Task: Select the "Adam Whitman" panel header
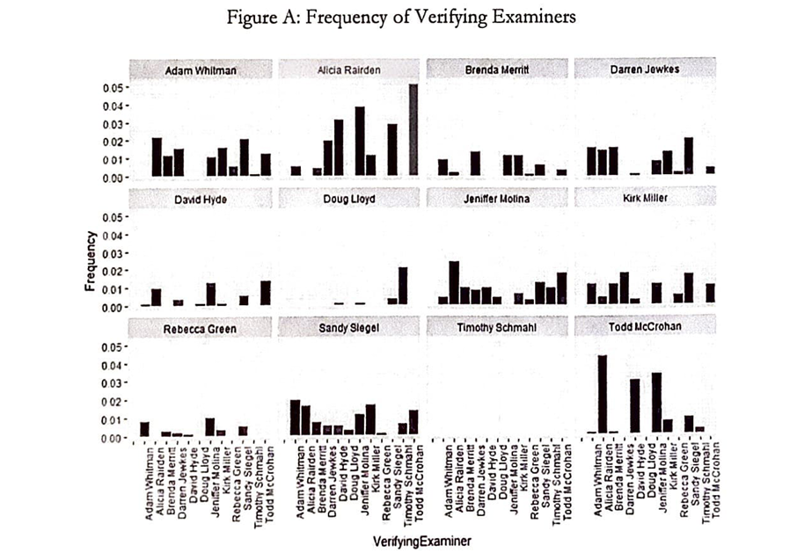201,69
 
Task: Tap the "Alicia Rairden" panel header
349,69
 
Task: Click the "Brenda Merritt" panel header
497,69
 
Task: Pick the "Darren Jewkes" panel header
644,69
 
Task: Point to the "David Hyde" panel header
201,200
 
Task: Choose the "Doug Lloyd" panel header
349,200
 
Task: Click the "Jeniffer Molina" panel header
497,200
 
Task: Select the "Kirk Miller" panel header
644,200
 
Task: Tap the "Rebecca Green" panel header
201,329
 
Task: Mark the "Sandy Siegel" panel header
349,329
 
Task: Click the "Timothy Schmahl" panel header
497,329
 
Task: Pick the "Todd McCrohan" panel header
644,329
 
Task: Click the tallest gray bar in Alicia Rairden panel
413,132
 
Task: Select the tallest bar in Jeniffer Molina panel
454,283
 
